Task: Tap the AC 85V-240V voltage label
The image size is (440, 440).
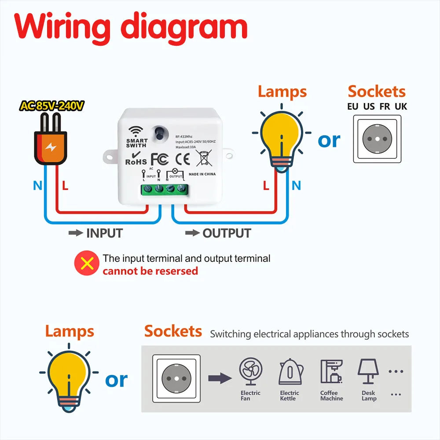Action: [x=51, y=106]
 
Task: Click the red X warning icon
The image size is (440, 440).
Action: [x=87, y=264]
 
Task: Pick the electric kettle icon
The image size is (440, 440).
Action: [x=290, y=372]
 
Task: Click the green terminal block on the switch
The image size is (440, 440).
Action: [x=164, y=189]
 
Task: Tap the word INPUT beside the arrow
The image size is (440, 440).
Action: [x=104, y=233]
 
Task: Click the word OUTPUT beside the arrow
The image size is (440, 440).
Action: [x=227, y=233]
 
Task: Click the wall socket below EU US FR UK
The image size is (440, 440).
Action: [x=378, y=139]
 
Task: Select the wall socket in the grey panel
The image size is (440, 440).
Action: [x=176, y=378]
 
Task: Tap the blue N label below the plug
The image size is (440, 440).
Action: [x=37, y=186]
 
